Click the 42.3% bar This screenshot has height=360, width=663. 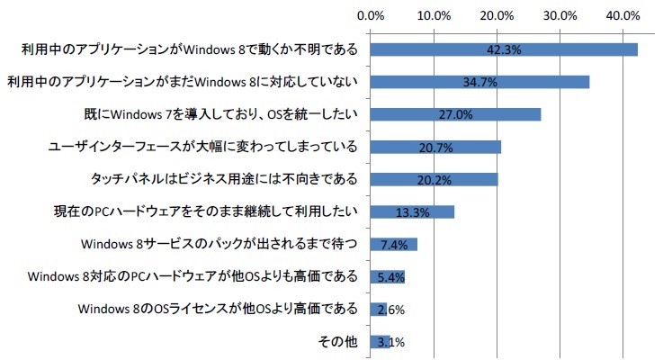point(504,50)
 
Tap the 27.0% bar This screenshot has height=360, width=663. point(455,114)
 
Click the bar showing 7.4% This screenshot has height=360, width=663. point(393,245)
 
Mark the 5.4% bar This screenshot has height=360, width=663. point(387,276)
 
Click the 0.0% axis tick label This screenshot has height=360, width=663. point(371,15)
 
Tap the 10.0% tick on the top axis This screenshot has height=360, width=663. point(435,15)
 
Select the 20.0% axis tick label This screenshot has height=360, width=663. point(497,15)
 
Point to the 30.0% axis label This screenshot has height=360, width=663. point(560,15)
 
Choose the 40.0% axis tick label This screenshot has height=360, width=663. point(623,15)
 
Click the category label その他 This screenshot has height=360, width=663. point(339,342)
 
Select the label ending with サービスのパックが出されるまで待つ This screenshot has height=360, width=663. point(220,245)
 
